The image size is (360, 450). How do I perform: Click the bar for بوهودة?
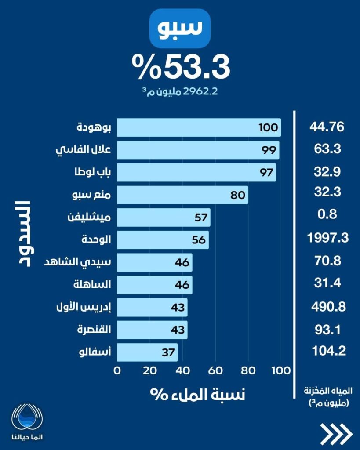click(199, 127)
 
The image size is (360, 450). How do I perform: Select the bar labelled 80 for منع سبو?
click(182, 195)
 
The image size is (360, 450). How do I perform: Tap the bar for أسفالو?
click(147, 352)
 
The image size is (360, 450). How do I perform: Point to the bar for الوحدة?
click(163, 240)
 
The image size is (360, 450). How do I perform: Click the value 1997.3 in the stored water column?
click(328, 238)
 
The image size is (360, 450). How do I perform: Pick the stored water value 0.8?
click(328, 214)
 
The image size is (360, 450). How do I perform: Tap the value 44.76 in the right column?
click(328, 127)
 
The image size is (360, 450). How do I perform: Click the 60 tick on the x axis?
click(215, 370)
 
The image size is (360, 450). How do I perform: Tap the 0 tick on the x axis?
click(117, 370)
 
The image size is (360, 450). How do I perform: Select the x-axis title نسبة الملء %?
click(198, 394)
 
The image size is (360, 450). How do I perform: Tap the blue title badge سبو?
click(180, 29)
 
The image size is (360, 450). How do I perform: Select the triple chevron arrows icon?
click(336, 434)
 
